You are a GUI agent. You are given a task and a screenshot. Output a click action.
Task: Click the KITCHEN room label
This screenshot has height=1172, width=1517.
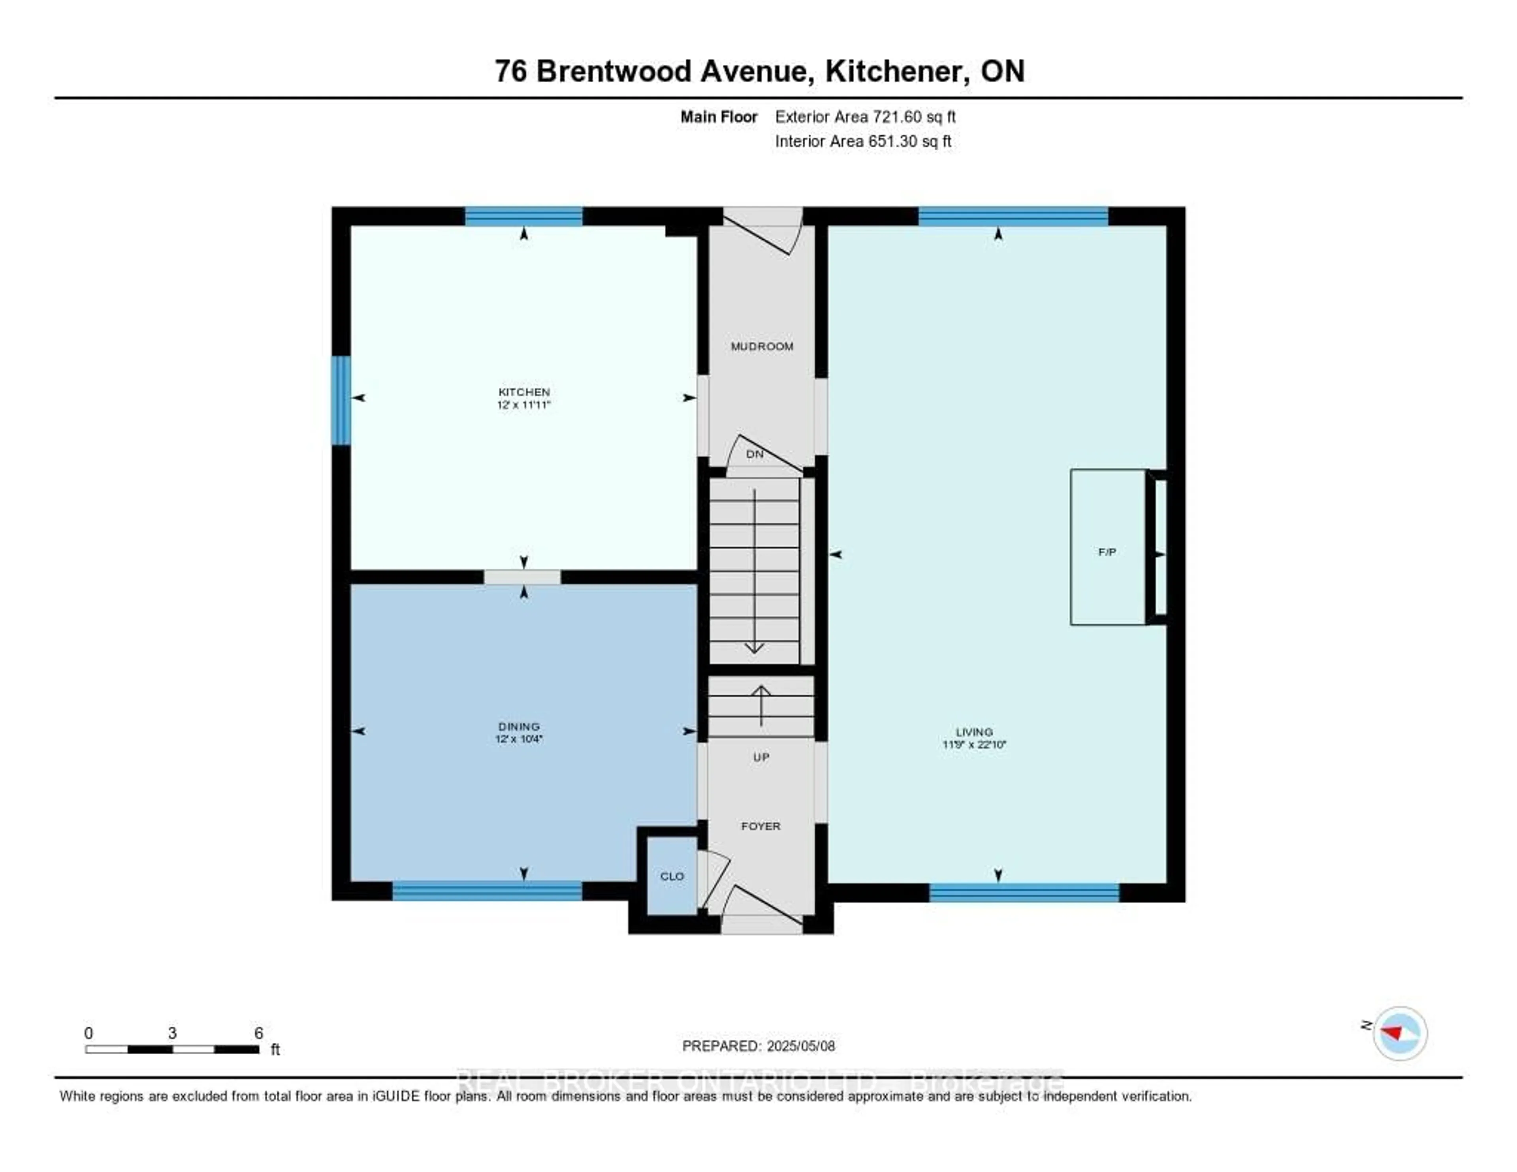tap(524, 392)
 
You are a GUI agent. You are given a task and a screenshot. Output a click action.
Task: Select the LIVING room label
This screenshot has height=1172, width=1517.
tap(974, 731)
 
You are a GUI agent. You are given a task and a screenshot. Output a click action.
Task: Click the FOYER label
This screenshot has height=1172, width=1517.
tap(760, 826)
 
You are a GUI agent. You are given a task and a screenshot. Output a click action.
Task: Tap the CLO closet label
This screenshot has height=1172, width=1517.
tap(672, 876)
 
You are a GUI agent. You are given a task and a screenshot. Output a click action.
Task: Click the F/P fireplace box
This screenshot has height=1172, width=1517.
tap(1107, 547)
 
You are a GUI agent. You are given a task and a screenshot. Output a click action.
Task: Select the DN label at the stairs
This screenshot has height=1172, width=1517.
tap(754, 454)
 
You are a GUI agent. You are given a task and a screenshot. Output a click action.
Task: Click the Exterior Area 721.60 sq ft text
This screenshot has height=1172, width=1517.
tap(865, 117)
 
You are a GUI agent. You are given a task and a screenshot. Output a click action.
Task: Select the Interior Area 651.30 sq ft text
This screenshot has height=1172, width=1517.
tap(863, 141)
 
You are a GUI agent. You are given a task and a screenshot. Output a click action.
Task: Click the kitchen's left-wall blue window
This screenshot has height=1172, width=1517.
tap(341, 400)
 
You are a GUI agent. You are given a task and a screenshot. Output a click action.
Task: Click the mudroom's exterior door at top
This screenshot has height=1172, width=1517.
tap(763, 229)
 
